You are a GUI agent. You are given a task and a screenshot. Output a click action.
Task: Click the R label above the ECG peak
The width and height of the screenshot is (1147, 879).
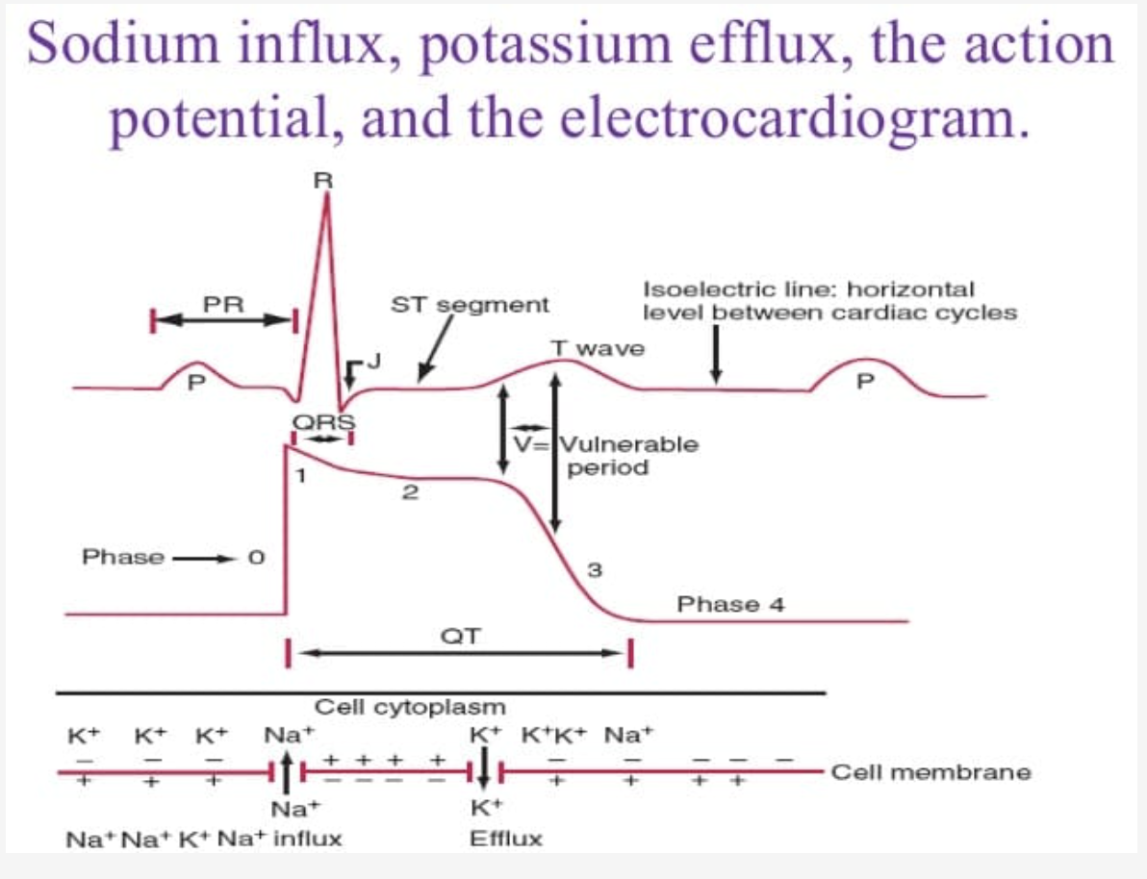(327, 178)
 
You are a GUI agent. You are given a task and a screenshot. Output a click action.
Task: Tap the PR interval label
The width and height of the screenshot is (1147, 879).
(223, 304)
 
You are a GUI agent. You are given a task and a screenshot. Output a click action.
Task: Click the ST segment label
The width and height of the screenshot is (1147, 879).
(470, 305)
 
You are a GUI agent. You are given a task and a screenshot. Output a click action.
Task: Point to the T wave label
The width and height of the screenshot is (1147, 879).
(597, 348)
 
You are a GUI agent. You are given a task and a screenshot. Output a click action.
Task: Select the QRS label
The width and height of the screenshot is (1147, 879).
(323, 420)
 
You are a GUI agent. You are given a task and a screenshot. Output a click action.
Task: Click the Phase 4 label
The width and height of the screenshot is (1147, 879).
(731, 605)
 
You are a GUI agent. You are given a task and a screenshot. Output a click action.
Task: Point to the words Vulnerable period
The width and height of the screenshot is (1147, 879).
(628, 456)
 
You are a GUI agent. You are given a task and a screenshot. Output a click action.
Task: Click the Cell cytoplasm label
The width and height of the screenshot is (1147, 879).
(410, 708)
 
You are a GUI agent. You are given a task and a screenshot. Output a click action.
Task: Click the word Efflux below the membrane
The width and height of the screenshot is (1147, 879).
(505, 839)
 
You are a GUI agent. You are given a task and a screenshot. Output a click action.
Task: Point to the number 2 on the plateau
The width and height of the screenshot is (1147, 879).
(410, 494)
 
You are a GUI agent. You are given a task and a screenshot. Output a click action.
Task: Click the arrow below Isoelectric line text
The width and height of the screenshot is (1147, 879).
(715, 356)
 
